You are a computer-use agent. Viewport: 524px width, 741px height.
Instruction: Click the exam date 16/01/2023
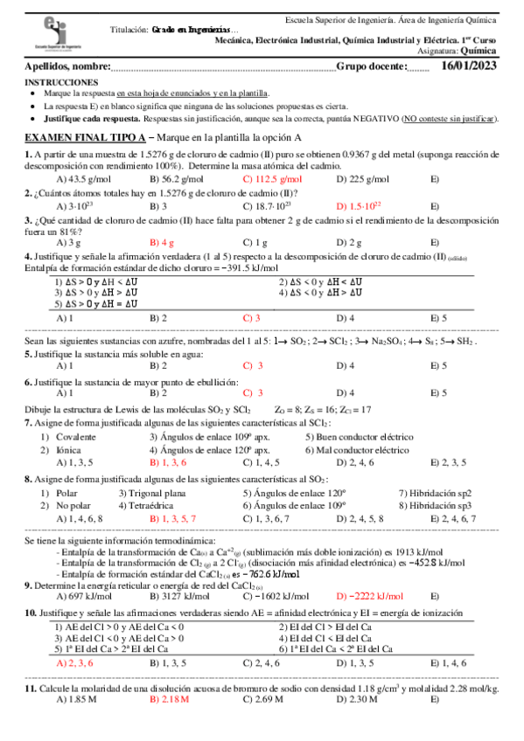click(x=471, y=66)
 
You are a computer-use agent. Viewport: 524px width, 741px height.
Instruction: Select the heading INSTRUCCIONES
click(x=59, y=81)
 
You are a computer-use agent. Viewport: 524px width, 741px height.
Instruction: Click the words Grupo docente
click(x=371, y=66)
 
